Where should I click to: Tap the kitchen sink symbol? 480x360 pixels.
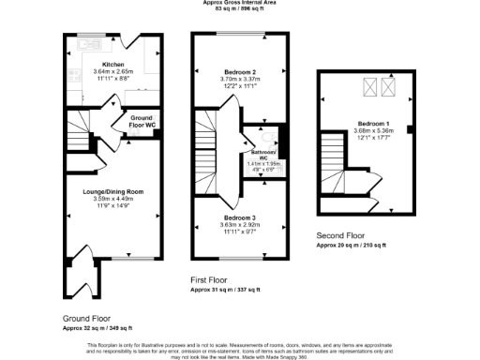tap(90, 44)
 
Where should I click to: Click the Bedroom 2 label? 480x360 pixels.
tap(235, 72)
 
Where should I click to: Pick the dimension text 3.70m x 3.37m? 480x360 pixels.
tap(235, 80)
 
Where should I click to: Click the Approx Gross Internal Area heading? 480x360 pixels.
tap(239, 4)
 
